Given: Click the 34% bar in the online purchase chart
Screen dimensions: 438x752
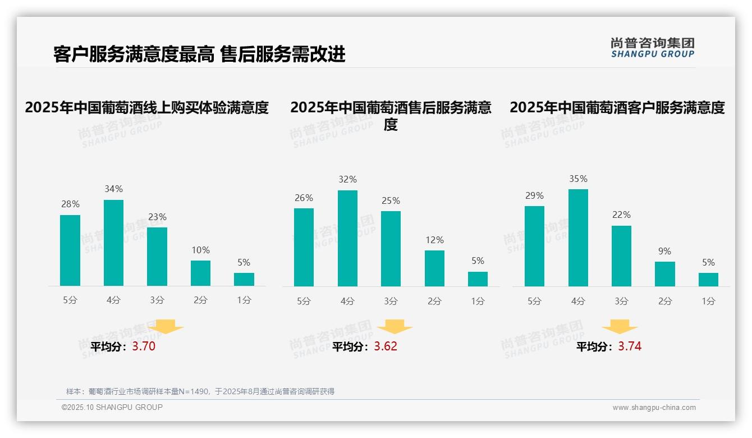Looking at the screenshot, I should [113, 243].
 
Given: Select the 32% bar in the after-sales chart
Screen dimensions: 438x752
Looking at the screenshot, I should [347, 238].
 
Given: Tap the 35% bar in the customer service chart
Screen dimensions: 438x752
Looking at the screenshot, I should [578, 238].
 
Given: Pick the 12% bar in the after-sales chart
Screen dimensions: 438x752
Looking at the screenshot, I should [434, 268].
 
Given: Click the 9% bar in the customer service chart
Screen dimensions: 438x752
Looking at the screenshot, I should [664, 274].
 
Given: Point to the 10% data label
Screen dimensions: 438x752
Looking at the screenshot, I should [200, 250].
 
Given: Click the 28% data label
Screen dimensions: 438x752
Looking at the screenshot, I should [70, 204].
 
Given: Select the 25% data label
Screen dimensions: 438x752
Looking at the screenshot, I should [391, 200].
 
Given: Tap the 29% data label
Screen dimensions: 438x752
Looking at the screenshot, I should [534, 195].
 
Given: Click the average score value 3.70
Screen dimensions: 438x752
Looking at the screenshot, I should [144, 346].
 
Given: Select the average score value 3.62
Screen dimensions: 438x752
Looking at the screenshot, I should [386, 346].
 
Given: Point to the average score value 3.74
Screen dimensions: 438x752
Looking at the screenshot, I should [630, 346].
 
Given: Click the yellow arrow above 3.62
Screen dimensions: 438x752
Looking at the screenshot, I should [395, 326].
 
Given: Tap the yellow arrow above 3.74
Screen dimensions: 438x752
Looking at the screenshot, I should [620, 326].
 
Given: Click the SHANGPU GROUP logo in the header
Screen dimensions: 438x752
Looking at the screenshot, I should [652, 48].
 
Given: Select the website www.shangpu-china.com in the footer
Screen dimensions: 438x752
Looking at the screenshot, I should [654, 408].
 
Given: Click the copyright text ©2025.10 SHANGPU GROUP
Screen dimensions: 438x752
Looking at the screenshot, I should [112, 407].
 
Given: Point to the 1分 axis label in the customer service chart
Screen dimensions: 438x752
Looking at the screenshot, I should [708, 301].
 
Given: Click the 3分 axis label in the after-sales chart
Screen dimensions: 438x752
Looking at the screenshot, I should [391, 301].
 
